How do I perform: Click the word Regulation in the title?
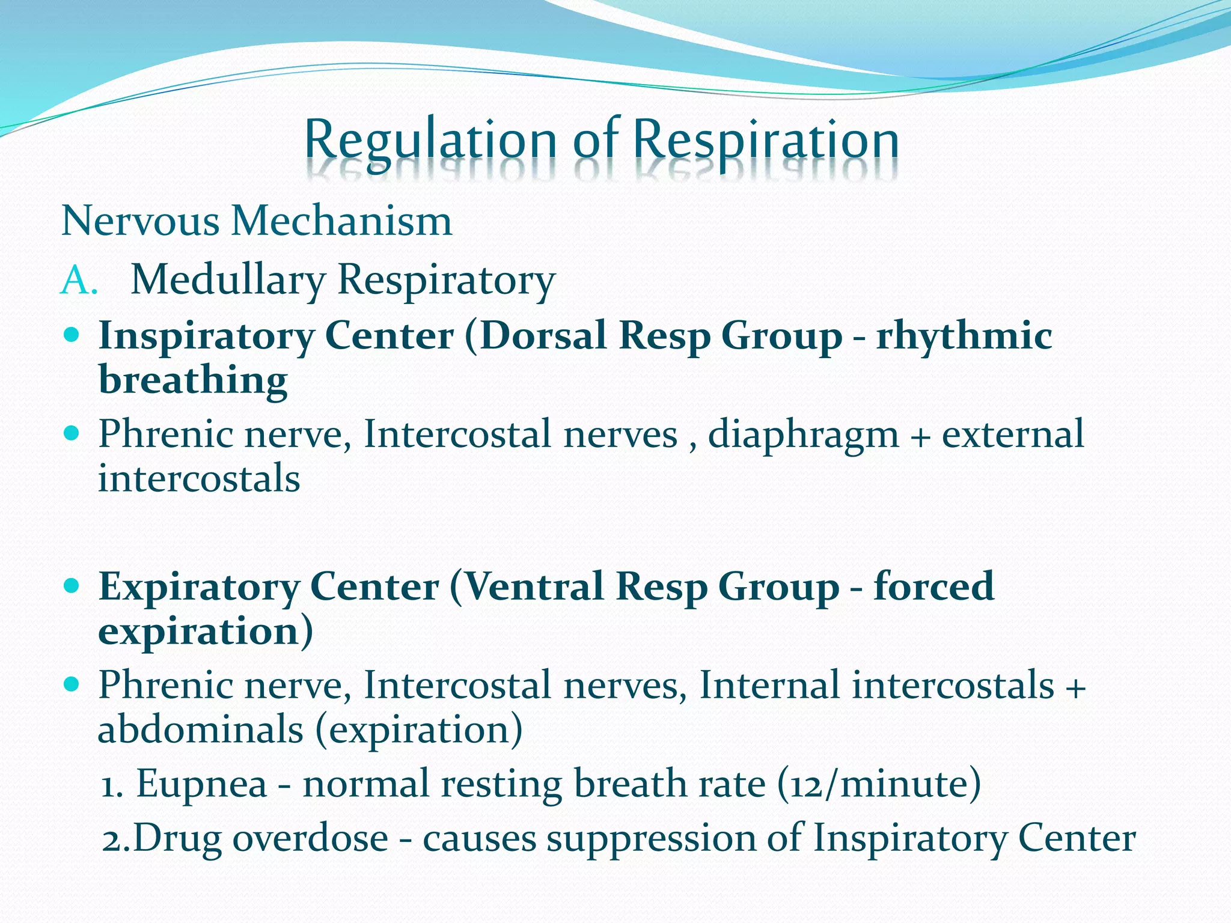pos(430,141)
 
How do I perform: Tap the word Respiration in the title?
pos(766,141)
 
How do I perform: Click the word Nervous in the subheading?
pos(141,221)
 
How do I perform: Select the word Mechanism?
pos(341,221)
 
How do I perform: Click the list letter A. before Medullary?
pos(79,281)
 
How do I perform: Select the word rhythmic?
pos(964,336)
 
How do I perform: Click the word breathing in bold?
pos(193,381)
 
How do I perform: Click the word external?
pos(1013,434)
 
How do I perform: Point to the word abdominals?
pos(200,730)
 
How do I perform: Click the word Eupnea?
pos(201,785)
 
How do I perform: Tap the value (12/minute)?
pos(879,784)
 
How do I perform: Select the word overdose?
pos(310,838)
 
